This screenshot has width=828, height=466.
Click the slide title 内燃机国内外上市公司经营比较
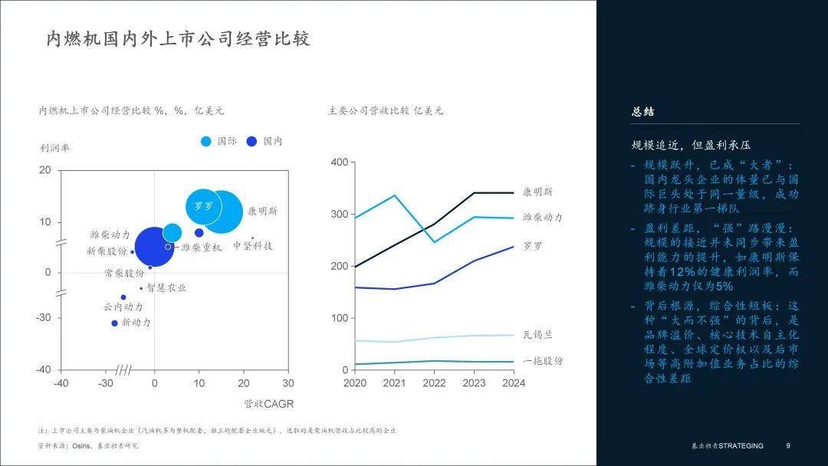pyautogui.click(x=177, y=39)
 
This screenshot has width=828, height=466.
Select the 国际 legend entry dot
pyautogui.click(x=206, y=141)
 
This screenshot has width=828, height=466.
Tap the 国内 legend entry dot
pyautogui.click(x=251, y=141)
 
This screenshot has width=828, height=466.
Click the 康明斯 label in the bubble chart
pyautogui.click(x=262, y=211)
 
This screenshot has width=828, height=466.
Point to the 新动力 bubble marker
pyautogui.click(x=114, y=323)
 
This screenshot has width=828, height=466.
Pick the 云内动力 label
pyautogui.click(x=123, y=307)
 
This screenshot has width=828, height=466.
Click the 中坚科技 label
pyautogui.click(x=253, y=246)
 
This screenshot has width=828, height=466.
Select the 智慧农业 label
pyautogui.click(x=166, y=288)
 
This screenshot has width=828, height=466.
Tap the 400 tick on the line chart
pyautogui.click(x=339, y=162)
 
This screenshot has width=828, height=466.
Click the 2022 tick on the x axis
pyautogui.click(x=434, y=383)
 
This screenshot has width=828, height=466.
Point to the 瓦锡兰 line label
pyautogui.click(x=537, y=335)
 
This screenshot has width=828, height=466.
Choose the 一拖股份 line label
pyautogui.click(x=543, y=361)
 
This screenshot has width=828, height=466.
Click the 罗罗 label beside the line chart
pyautogui.click(x=533, y=247)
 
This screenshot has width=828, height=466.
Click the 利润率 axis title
pyautogui.click(x=54, y=149)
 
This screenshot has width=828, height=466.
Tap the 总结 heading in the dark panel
pyautogui.click(x=642, y=112)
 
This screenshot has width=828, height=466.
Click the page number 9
pyautogui.click(x=788, y=446)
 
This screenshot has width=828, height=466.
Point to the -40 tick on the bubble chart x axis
pyautogui.click(x=61, y=383)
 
